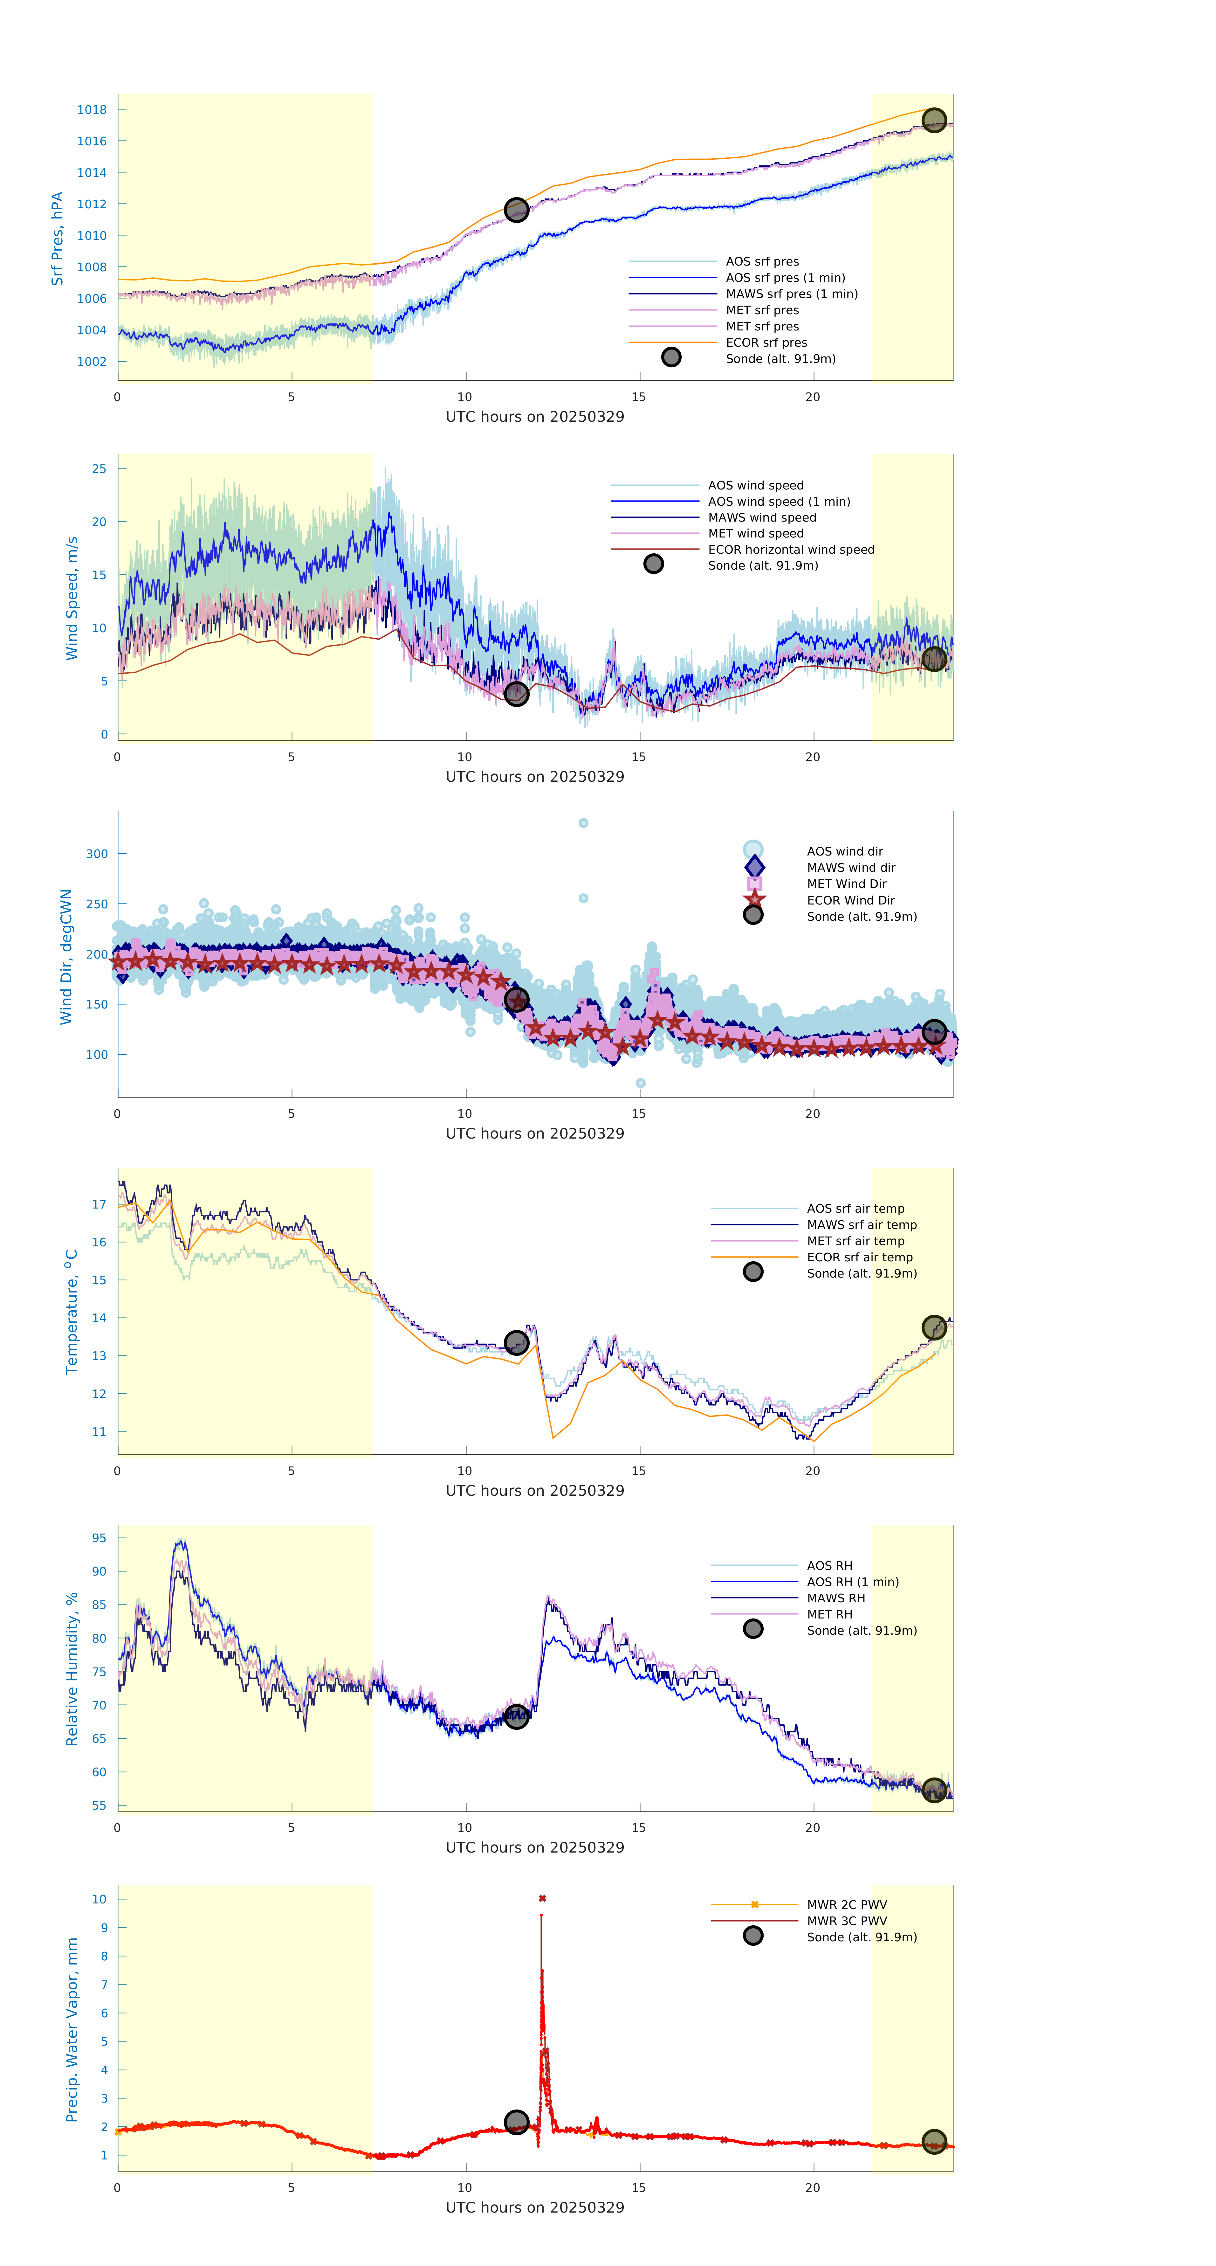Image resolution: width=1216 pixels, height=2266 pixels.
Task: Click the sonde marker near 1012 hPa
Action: (516, 209)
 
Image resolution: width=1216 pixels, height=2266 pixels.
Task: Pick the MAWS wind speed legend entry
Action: (761, 517)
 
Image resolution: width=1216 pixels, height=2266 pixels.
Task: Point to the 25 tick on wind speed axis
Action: (100, 469)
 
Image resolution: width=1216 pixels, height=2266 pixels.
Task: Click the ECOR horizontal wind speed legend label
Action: (790, 550)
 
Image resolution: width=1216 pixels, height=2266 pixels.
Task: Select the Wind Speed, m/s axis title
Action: (71, 598)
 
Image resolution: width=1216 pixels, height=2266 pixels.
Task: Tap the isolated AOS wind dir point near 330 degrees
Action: (583, 822)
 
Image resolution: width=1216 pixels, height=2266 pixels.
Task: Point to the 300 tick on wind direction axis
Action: (97, 853)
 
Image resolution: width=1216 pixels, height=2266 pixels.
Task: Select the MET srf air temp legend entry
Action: (855, 1240)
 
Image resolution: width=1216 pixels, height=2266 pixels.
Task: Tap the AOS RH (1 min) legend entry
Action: (852, 1582)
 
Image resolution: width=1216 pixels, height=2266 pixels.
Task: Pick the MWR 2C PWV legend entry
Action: (846, 1904)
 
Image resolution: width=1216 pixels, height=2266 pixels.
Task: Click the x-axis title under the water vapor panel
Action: (535, 2207)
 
